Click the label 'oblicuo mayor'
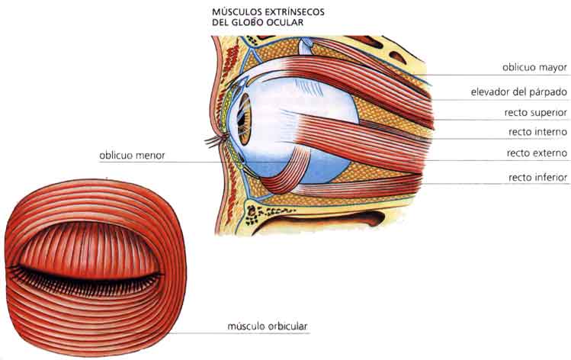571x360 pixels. click(x=534, y=67)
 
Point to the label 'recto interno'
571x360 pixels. click(x=537, y=132)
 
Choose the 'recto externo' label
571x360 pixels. click(x=537, y=153)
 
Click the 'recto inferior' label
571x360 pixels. click(x=537, y=177)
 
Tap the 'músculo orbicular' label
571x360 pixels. click(x=268, y=327)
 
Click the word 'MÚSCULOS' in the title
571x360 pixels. click(x=237, y=12)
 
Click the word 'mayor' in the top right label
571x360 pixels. click(x=553, y=67)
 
